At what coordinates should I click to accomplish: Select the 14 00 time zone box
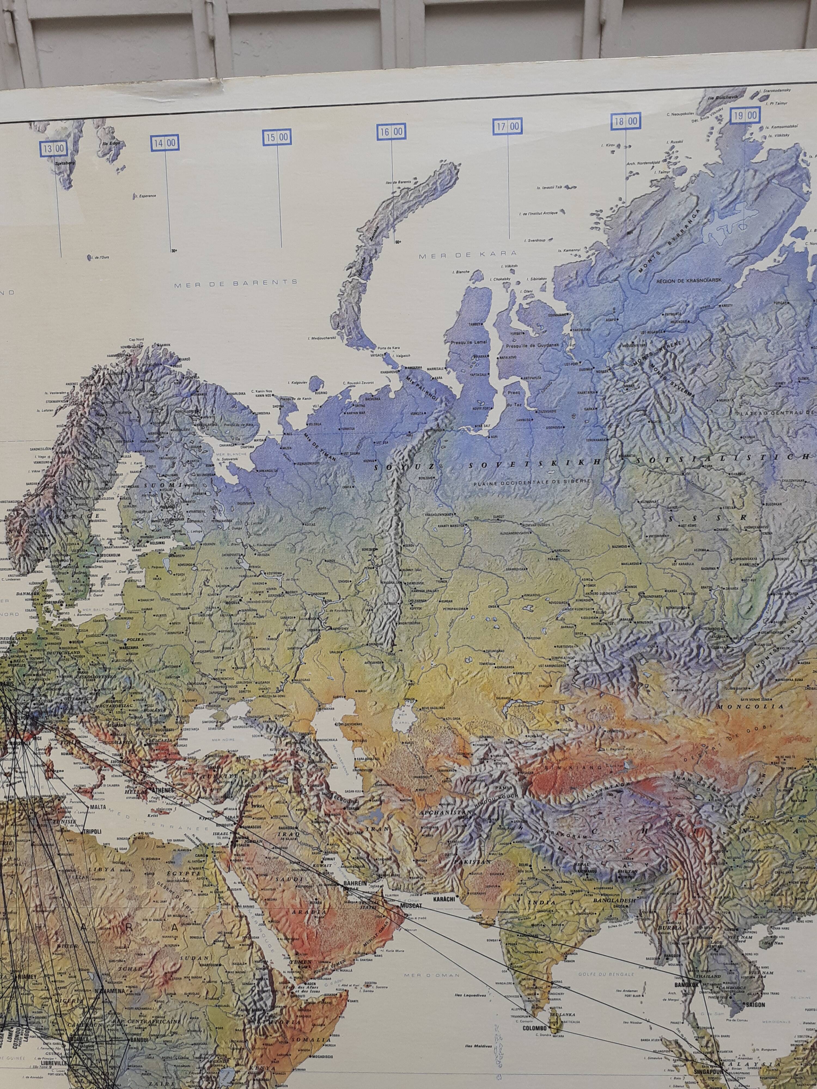[x=164, y=143]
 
